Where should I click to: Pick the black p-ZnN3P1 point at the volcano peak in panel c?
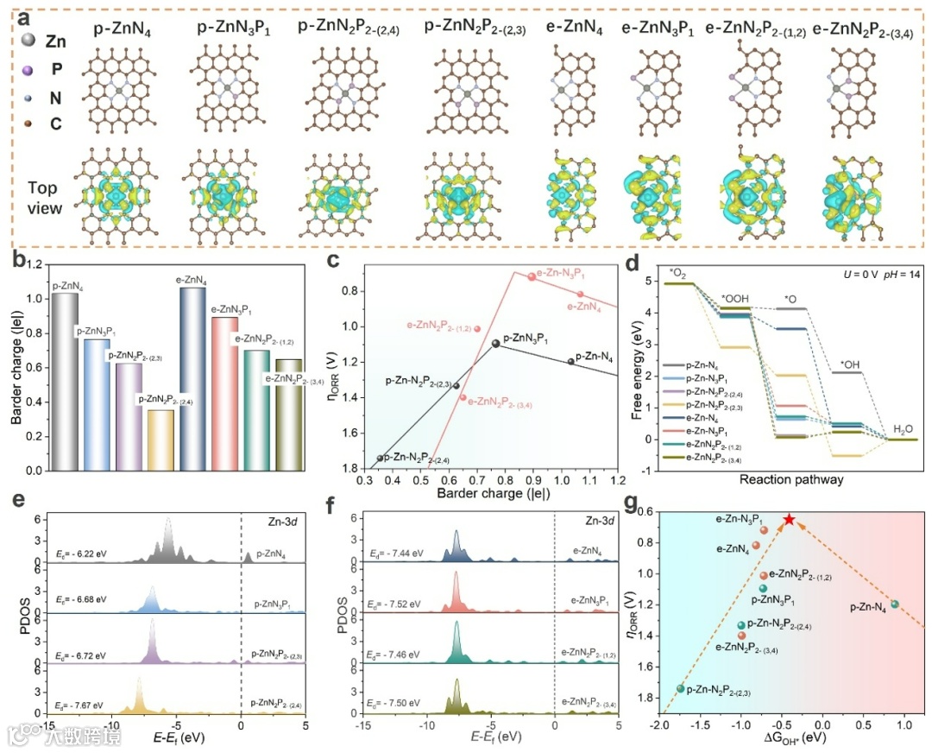point(495,343)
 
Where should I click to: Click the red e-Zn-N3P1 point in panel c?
point(532,276)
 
